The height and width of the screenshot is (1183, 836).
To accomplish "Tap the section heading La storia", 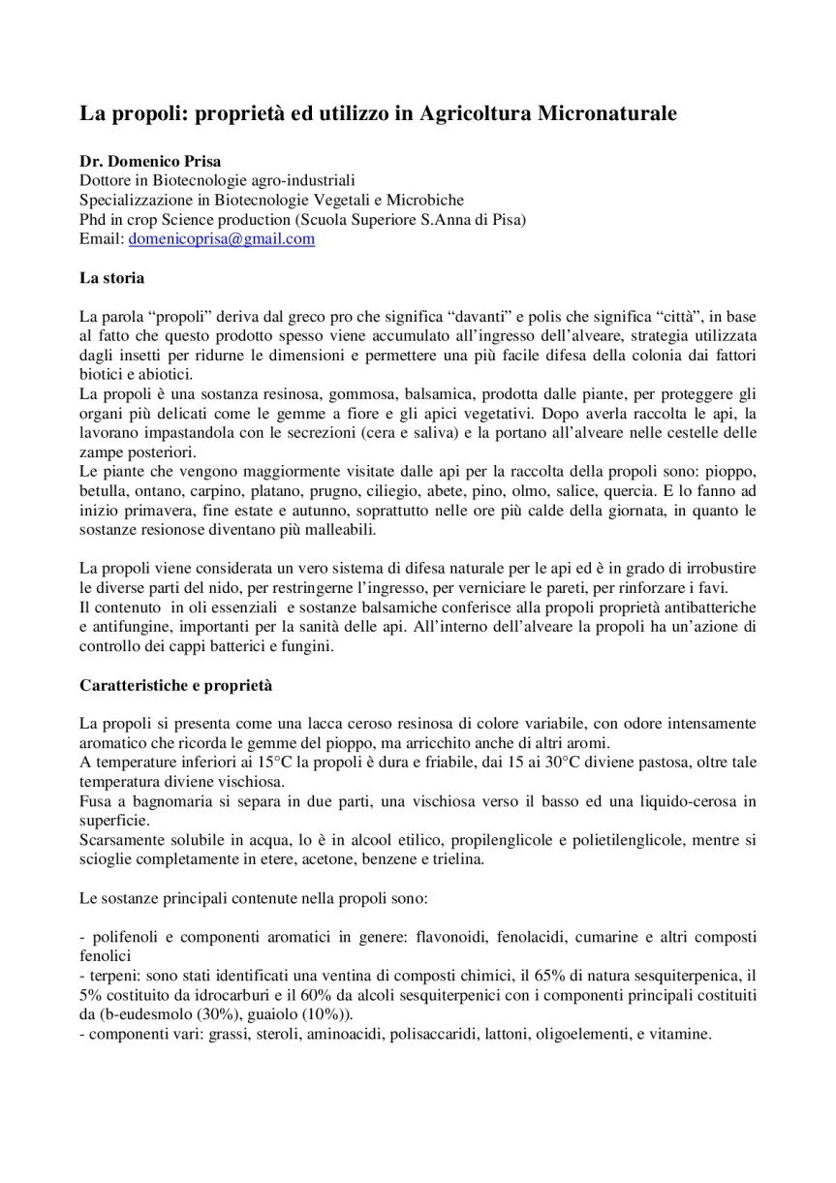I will [x=111, y=278].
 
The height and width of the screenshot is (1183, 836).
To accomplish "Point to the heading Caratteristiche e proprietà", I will [x=175, y=685].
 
